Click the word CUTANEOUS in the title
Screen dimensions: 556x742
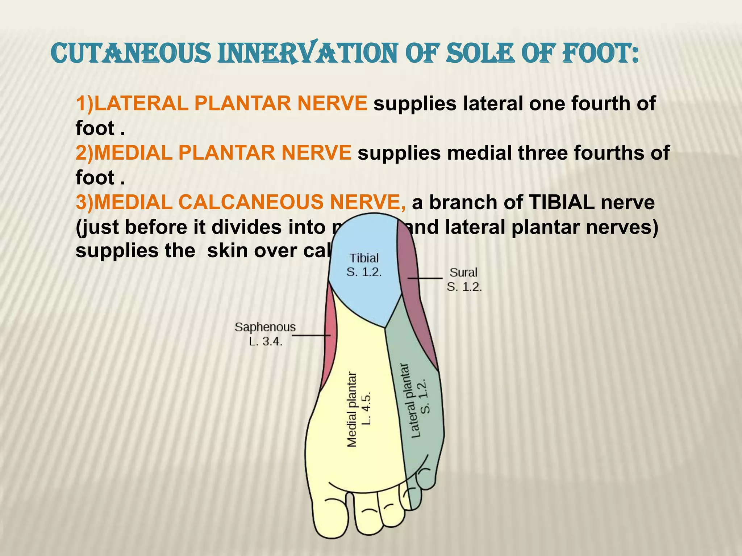(131, 54)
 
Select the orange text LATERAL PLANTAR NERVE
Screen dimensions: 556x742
(222, 104)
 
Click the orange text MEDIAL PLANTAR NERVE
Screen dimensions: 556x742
(214, 153)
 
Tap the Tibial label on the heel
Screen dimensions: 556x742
(364, 258)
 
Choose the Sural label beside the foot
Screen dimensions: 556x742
(463, 272)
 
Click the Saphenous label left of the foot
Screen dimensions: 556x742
(265, 327)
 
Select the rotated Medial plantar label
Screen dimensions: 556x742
(352, 409)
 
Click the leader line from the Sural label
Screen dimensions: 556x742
(425, 278)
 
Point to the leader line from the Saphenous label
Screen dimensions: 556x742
(311, 336)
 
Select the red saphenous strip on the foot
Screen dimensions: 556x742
(329, 347)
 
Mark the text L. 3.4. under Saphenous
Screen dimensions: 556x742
(265, 341)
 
